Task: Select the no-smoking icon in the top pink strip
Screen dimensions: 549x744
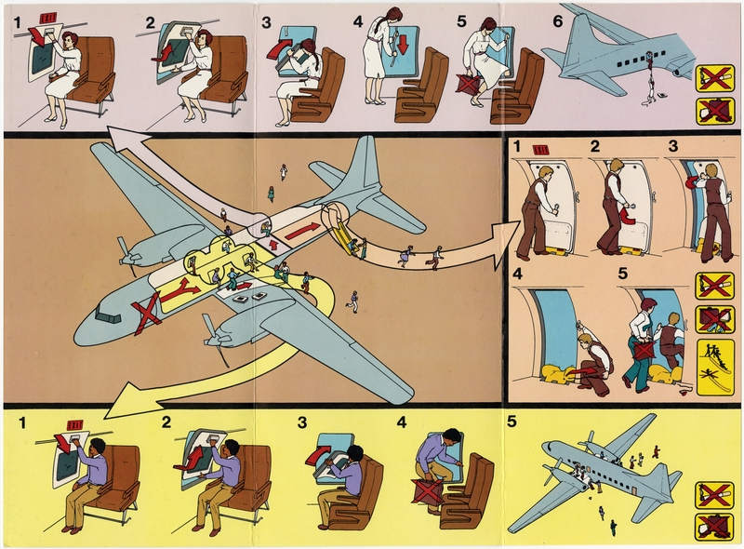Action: point(710,78)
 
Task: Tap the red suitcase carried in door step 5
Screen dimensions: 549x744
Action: point(644,352)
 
